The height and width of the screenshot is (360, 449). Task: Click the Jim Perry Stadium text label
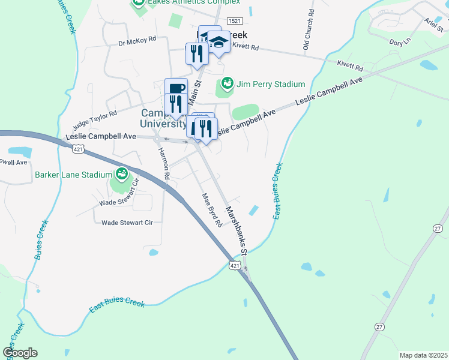(271, 84)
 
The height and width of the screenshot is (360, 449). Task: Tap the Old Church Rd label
(307, 29)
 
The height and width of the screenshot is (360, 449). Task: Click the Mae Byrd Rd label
(212, 209)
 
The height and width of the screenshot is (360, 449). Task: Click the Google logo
(20, 353)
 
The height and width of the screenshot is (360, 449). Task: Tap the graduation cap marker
(218, 42)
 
